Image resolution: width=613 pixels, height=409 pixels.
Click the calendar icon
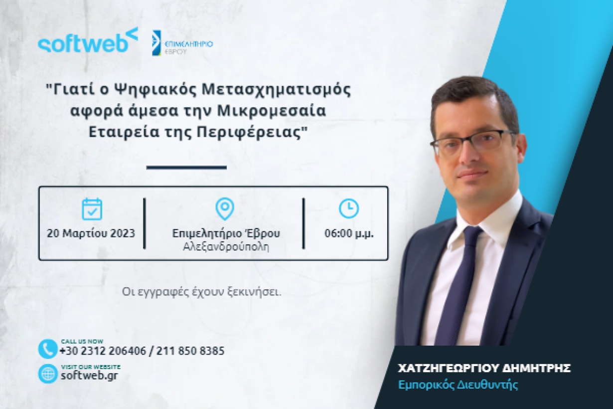click(x=92, y=209)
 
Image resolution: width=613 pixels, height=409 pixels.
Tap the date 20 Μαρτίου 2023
click(x=91, y=233)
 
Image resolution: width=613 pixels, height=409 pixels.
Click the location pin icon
click(x=225, y=209)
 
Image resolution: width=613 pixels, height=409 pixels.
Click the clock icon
click(x=349, y=208)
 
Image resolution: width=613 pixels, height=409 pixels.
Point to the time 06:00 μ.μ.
click(x=349, y=233)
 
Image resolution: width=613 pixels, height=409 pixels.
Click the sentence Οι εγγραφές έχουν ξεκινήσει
click(x=202, y=291)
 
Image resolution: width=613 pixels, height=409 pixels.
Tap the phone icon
click(x=48, y=349)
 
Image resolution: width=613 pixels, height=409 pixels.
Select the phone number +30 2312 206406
click(x=103, y=351)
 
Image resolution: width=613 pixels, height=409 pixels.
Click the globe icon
click(x=48, y=374)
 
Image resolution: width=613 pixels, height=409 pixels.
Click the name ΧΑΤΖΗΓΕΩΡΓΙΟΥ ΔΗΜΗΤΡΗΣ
click(x=483, y=368)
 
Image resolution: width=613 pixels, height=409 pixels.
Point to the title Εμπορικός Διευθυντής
click(x=458, y=385)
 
